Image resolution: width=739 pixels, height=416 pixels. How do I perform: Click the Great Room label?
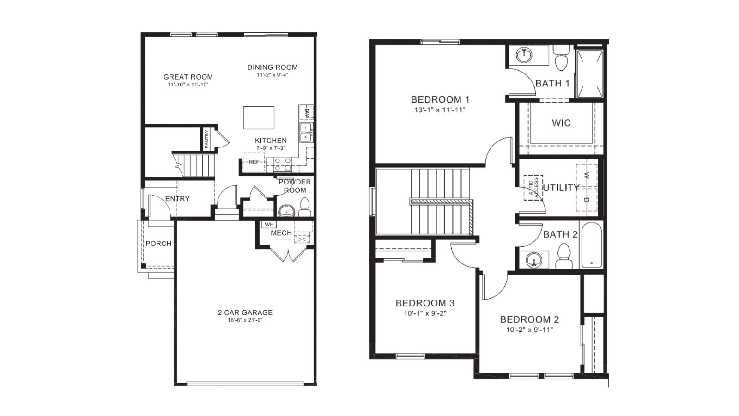188,77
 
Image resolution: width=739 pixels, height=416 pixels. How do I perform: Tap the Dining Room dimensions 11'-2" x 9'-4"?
273,75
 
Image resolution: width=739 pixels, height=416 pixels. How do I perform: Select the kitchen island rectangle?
259,118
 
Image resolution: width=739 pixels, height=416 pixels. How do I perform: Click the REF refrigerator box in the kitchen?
254,162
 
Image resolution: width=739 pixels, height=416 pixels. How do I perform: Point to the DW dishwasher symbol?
306,112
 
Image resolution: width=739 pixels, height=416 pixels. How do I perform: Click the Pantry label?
206,139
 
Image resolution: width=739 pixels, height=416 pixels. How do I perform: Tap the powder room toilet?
304,207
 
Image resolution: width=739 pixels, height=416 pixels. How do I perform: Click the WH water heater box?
269,225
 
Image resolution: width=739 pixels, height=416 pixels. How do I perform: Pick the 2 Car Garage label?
245,312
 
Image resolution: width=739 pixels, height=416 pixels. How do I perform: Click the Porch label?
158,244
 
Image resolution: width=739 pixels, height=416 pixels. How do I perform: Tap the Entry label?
177,199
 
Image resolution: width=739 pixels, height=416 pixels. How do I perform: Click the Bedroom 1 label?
440,99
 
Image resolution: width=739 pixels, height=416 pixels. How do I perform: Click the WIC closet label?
561,123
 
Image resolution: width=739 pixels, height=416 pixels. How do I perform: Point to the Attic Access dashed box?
533,187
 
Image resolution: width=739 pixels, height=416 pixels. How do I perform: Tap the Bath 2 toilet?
563,257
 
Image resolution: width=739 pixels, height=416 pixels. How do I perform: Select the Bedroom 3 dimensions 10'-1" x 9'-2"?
424,313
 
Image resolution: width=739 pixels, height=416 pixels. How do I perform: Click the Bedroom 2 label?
529,319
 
